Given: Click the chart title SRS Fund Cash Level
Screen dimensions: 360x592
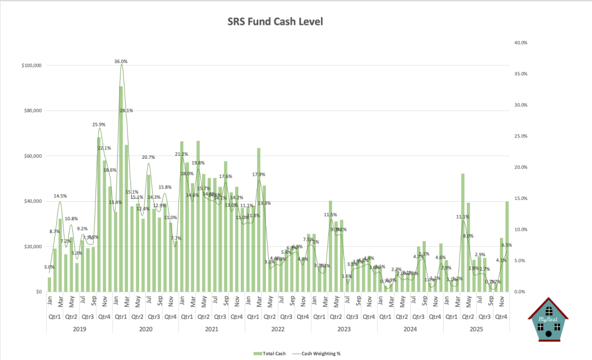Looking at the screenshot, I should (x=274, y=22).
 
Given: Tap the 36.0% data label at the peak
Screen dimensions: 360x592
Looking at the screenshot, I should (x=121, y=61).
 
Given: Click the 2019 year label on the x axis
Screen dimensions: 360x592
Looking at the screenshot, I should (x=79, y=329).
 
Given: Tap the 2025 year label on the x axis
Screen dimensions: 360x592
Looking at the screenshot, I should (x=476, y=329).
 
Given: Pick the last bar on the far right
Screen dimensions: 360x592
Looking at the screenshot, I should (x=507, y=246).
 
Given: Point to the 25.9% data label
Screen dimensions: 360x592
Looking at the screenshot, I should (x=99, y=125).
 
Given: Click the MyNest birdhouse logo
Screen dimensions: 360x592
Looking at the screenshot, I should (x=547, y=319).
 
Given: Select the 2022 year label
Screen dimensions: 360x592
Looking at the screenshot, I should (x=278, y=329).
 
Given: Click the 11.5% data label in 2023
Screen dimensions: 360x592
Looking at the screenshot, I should (x=330, y=215).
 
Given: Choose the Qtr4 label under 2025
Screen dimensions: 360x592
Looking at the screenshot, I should (x=502, y=317).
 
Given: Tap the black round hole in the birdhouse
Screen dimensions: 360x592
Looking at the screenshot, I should (x=549, y=334).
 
